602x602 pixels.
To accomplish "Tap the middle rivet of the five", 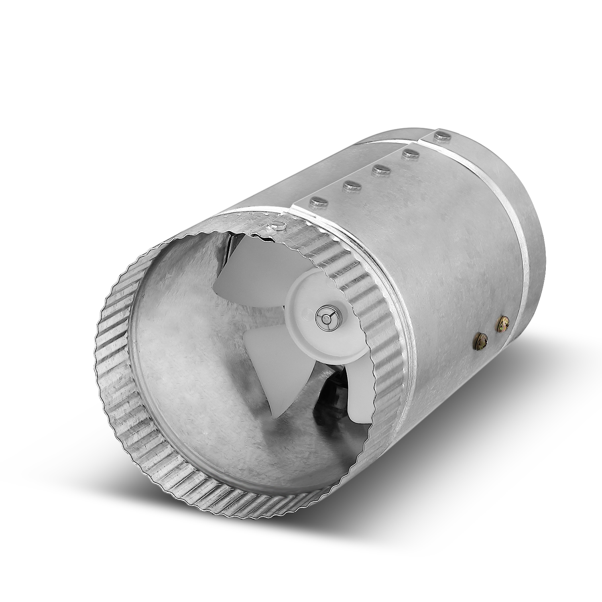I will click(x=380, y=169).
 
